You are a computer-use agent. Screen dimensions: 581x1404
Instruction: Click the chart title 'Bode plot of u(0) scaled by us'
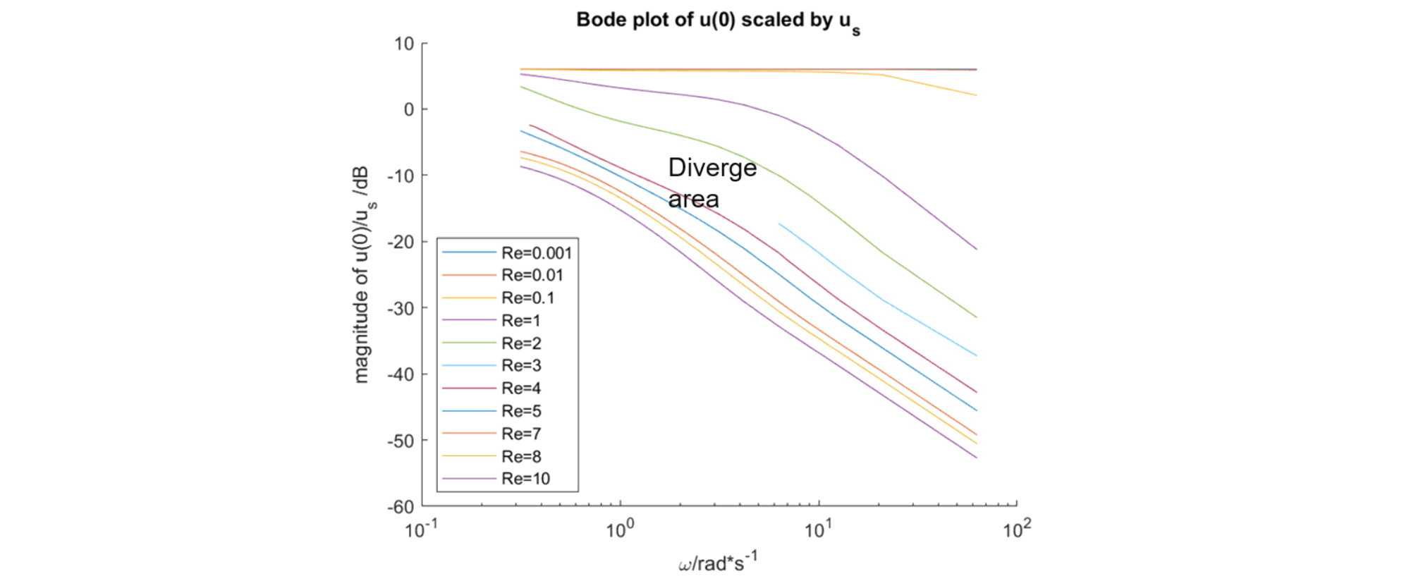click(718, 20)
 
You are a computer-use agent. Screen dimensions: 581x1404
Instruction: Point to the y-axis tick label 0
click(408, 110)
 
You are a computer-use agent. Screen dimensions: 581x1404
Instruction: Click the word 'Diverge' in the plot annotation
click(712, 169)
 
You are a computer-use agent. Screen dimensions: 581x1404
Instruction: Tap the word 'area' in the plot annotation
click(694, 199)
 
